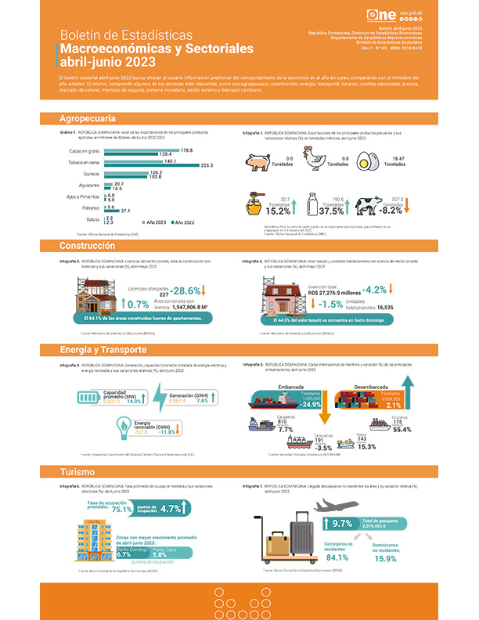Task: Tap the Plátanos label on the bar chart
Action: (92, 208)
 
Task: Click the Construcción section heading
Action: (88, 246)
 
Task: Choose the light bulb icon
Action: (124, 425)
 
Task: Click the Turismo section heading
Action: (77, 472)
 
